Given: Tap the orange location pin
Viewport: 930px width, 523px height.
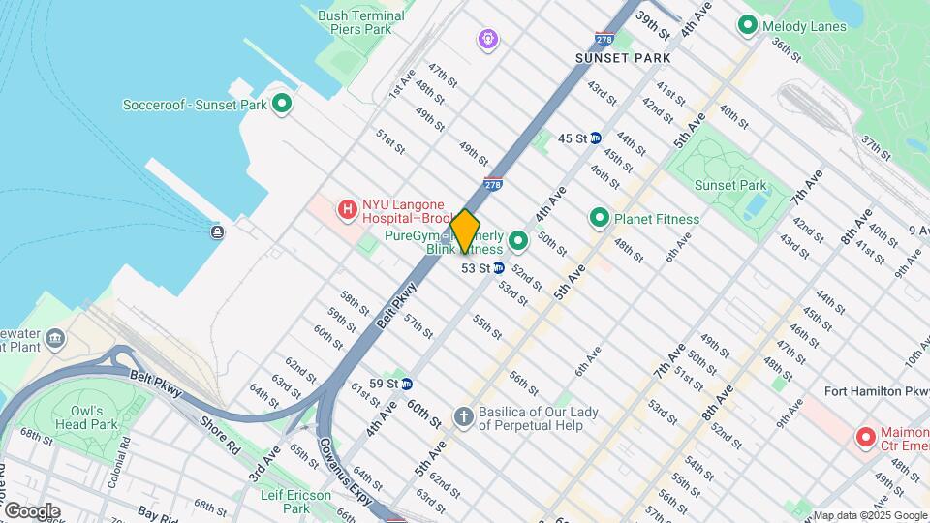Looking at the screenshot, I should [465, 231].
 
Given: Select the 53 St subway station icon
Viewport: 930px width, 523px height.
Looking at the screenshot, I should [498, 268].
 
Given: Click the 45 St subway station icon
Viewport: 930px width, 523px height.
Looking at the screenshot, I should [595, 138].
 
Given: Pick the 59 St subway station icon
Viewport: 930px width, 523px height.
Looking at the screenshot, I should [407, 384].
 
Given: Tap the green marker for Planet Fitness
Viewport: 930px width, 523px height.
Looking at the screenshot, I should [599, 219].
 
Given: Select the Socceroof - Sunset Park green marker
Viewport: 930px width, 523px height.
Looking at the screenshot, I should [282, 104].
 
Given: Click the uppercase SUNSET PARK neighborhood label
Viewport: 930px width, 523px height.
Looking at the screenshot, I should [622, 58].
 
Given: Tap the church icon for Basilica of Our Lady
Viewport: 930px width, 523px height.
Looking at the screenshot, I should [464, 416].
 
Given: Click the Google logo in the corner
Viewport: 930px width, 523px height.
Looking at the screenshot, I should [32, 511].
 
